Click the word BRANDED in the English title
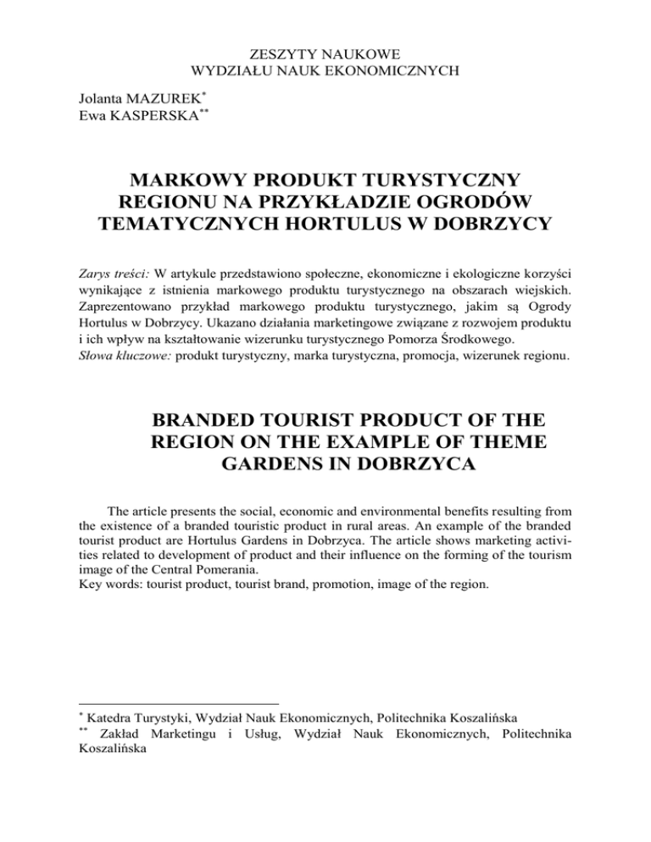(223, 421)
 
